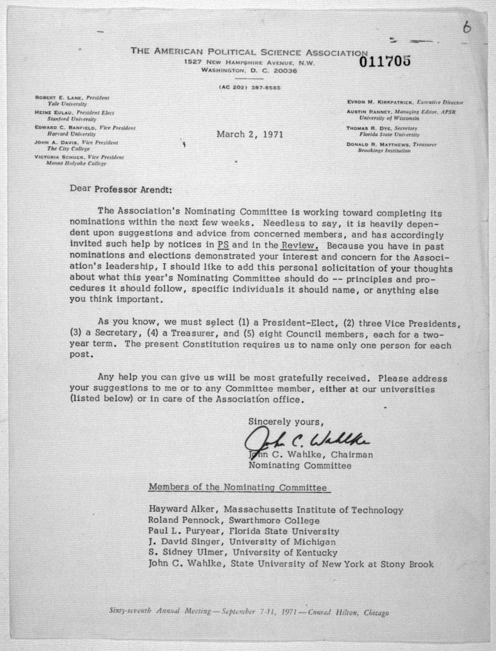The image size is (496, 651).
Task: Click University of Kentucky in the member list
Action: pyautogui.click(x=285, y=552)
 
